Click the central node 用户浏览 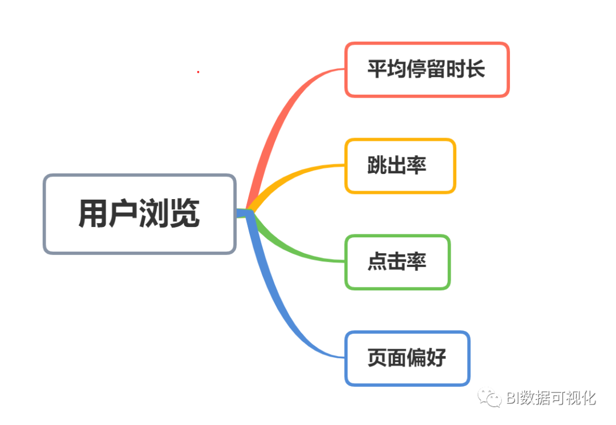tap(140, 214)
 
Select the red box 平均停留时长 tap(427, 70)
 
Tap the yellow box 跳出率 tap(400, 166)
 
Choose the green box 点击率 tap(398, 262)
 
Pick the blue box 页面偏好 tap(407, 358)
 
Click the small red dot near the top tap(198, 72)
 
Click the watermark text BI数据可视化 tap(551, 398)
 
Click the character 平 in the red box tap(376, 70)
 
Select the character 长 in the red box tap(475, 70)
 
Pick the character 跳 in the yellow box tap(376, 166)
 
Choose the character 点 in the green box tap(376, 262)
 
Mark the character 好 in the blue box tap(436, 358)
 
